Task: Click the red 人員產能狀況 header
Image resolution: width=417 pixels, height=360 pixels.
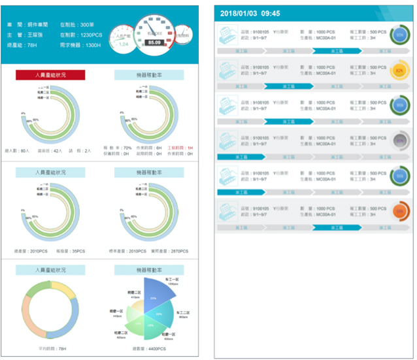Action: [50, 76]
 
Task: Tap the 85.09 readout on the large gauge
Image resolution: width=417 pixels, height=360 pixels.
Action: [154, 43]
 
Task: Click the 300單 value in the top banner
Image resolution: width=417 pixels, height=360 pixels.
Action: [88, 24]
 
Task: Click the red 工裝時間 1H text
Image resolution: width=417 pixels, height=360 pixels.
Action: [180, 148]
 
